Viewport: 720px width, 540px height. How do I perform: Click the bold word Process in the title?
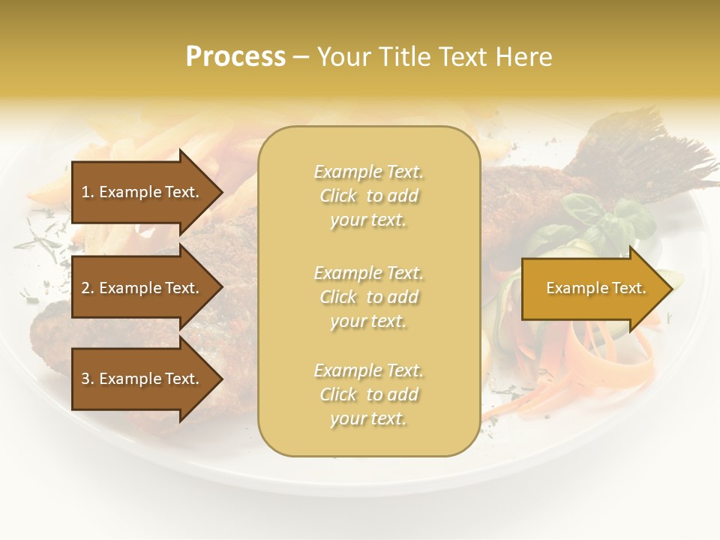pyautogui.click(x=235, y=57)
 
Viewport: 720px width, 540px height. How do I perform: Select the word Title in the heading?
pyautogui.click(x=403, y=57)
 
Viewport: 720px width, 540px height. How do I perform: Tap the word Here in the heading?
pyautogui.click(x=524, y=57)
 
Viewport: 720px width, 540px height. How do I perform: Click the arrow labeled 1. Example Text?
pyautogui.click(x=142, y=192)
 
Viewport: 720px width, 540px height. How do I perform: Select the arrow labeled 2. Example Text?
pyautogui.click(x=142, y=288)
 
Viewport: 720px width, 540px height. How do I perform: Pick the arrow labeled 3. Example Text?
pyautogui.click(x=142, y=379)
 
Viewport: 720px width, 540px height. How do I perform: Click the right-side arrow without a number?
pyautogui.click(x=592, y=288)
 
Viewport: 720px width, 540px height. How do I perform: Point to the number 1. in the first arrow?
pyautogui.click(x=87, y=192)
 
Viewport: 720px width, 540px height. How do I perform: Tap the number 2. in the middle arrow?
pyautogui.click(x=87, y=288)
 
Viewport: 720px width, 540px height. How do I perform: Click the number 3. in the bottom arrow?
pyautogui.click(x=87, y=379)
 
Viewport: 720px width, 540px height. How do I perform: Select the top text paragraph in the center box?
pyautogui.click(x=368, y=196)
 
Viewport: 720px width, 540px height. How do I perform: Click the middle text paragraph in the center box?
pyautogui.click(x=368, y=297)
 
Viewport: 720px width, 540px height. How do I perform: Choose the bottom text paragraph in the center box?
pyautogui.click(x=368, y=394)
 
